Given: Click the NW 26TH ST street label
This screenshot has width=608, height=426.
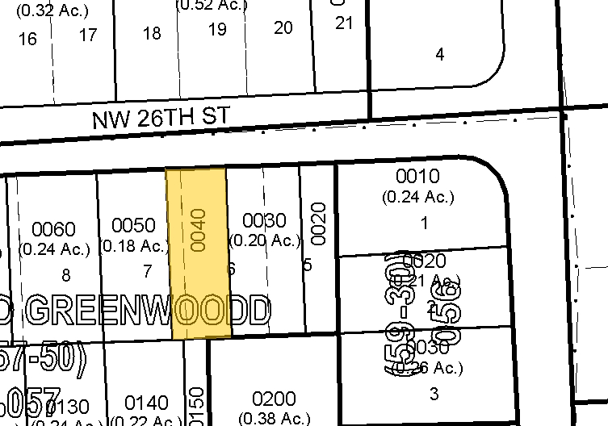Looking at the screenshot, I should point(161,119).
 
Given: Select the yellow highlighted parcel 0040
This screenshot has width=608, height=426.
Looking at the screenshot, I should point(199,253).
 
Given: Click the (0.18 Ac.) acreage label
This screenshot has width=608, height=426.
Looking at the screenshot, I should point(133,245).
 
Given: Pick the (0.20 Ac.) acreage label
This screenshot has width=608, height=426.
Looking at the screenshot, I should point(265,240).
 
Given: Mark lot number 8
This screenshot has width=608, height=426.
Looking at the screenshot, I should point(66,275).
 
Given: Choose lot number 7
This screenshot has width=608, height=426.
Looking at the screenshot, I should point(147,270).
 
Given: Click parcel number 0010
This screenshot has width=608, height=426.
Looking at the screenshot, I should point(417,177).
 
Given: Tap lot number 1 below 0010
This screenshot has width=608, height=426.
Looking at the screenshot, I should point(425,223).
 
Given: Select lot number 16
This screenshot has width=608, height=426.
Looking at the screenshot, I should point(27,39).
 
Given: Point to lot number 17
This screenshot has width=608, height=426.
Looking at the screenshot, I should point(87,35).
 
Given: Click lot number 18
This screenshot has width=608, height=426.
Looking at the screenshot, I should point(152,33).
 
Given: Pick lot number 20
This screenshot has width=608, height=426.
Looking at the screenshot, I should point(283,27).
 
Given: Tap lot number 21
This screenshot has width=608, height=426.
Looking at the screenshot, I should point(345,23).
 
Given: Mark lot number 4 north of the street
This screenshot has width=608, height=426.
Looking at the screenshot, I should point(439,55).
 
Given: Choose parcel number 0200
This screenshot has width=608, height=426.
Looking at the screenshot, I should point(274,399).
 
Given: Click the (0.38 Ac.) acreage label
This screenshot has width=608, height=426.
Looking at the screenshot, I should point(272,418).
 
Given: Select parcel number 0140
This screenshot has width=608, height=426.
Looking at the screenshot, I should point(146,403).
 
